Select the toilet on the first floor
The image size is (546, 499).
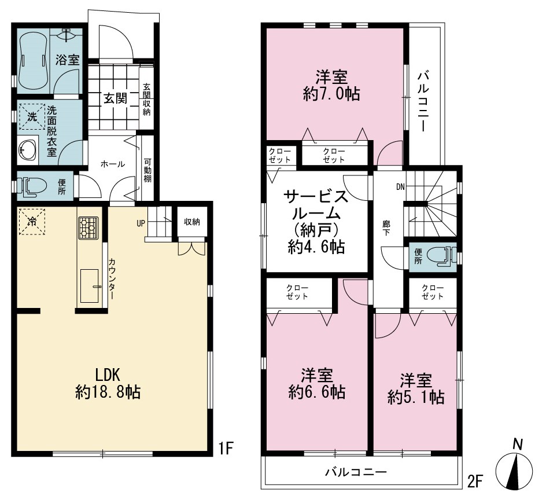32,186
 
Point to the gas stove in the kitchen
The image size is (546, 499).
88,228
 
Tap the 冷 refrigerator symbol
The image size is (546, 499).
32,222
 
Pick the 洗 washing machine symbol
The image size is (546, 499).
32,117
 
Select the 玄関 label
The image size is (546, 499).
115,98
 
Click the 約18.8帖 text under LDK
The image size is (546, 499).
108,392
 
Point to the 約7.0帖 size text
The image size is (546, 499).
331,94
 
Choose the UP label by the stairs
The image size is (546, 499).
141,223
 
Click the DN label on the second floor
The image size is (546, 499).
400,187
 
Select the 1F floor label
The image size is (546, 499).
225,448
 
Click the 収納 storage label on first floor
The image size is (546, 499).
192,222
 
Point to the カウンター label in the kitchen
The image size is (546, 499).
112,279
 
